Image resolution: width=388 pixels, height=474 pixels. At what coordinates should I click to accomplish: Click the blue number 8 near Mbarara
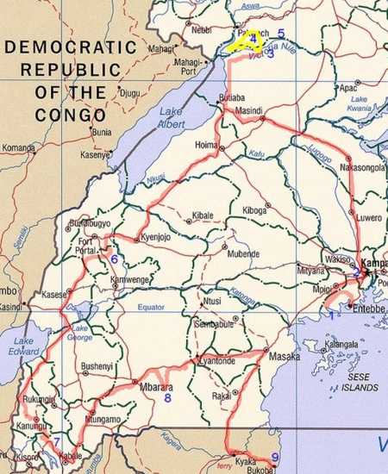pyautogui.click(x=167, y=398)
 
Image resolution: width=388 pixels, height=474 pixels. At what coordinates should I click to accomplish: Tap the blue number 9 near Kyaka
pyautogui.click(x=275, y=457)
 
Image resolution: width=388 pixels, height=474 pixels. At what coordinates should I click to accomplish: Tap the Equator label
pyautogui.click(x=150, y=308)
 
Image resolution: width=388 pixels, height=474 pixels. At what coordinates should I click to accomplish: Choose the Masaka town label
pyautogui.click(x=285, y=355)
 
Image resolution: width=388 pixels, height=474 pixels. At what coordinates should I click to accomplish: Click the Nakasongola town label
pyautogui.click(x=362, y=168)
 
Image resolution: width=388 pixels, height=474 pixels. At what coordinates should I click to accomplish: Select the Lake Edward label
pyautogui.click(x=23, y=346)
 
